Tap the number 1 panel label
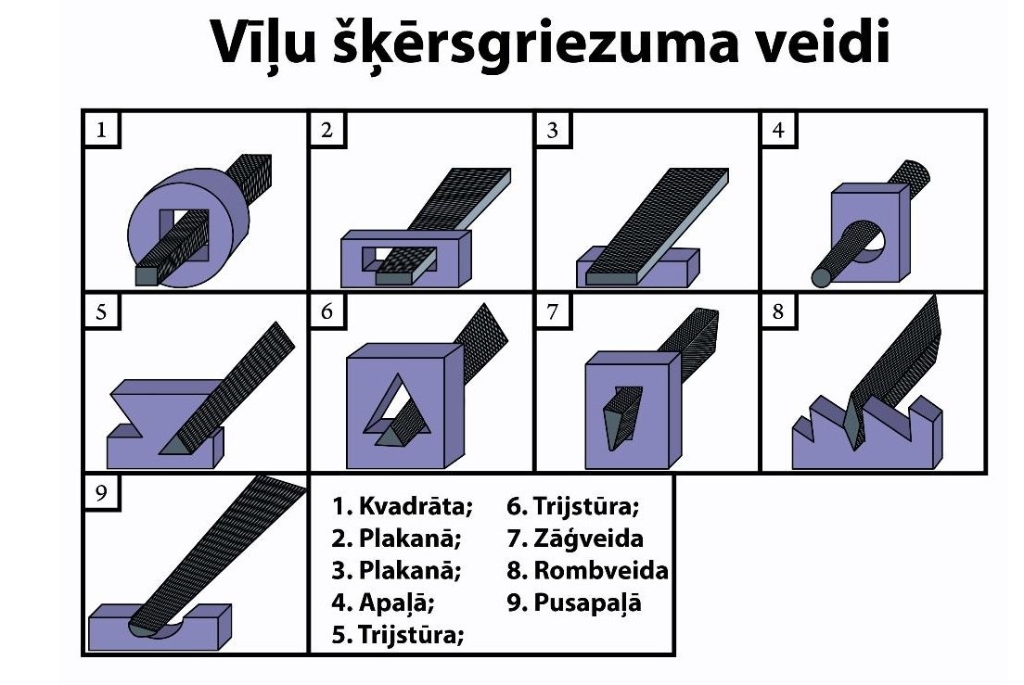(x=101, y=131)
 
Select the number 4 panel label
(x=778, y=131)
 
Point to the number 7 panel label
(x=553, y=311)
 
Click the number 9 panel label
(x=101, y=492)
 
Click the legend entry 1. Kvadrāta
(x=402, y=505)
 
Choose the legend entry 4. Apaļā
(x=383, y=603)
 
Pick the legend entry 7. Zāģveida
(x=575, y=539)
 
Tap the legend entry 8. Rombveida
(x=587, y=570)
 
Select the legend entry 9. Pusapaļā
(x=574, y=603)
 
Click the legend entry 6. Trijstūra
(x=572, y=505)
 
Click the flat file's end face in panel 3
(x=610, y=279)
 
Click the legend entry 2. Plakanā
(x=396, y=539)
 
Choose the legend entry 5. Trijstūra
(x=398, y=634)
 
